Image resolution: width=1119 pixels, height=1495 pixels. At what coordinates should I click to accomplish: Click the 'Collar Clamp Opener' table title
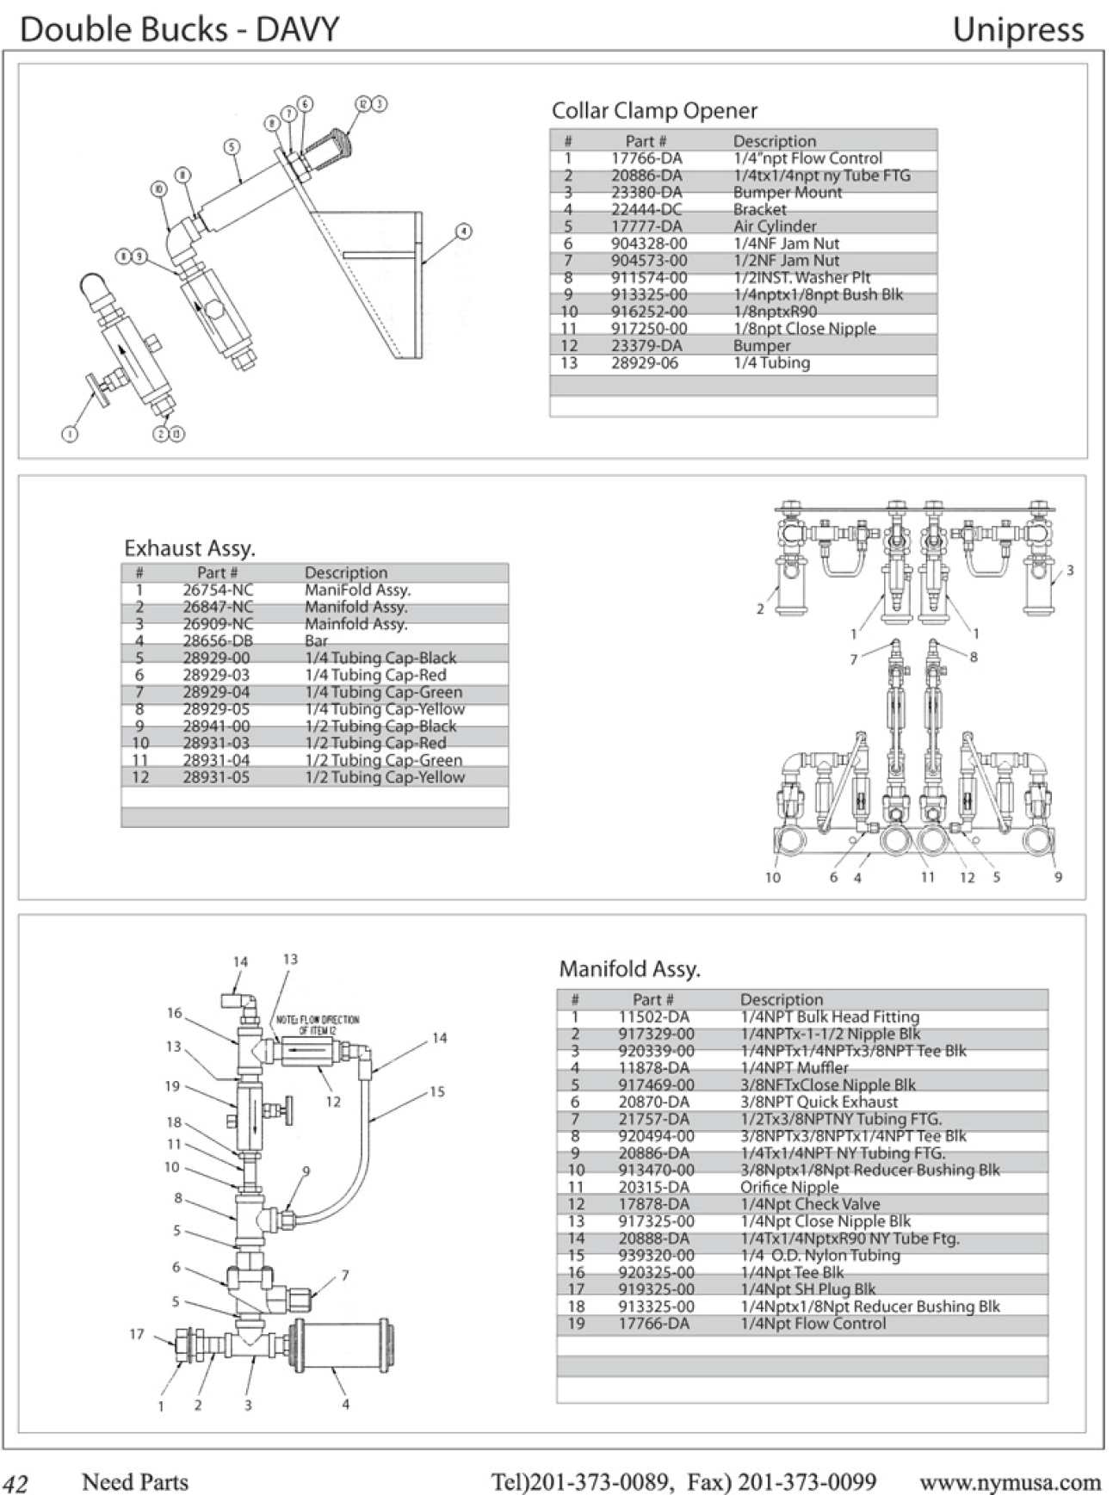(654, 111)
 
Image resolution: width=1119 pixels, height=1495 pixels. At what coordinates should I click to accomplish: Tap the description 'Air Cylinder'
(774, 226)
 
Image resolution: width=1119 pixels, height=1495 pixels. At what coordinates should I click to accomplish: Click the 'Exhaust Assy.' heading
(189, 548)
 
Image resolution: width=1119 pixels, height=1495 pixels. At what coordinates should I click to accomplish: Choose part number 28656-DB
(218, 641)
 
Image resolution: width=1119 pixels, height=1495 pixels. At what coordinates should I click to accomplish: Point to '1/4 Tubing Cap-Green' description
(383, 692)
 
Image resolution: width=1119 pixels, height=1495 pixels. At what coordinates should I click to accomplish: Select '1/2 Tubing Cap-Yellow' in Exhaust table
(385, 777)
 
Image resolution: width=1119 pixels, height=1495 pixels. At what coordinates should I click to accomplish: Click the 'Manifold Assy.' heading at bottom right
(629, 969)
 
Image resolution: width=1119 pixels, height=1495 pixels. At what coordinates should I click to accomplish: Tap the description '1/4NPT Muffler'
(794, 1068)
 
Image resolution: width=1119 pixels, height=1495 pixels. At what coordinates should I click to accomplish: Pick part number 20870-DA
(653, 1102)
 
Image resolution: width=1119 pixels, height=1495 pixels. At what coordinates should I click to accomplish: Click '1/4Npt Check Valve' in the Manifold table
(810, 1204)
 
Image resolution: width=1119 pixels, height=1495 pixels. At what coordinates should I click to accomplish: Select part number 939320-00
(656, 1255)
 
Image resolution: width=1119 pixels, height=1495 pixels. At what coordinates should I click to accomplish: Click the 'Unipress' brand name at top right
(1017, 30)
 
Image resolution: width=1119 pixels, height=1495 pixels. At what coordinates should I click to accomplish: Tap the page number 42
(15, 1483)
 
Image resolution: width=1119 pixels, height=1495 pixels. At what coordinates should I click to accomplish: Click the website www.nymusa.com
(1010, 1482)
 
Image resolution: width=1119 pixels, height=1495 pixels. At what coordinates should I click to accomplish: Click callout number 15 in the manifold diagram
(437, 1091)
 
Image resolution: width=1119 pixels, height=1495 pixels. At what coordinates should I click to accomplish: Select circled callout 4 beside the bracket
(464, 231)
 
